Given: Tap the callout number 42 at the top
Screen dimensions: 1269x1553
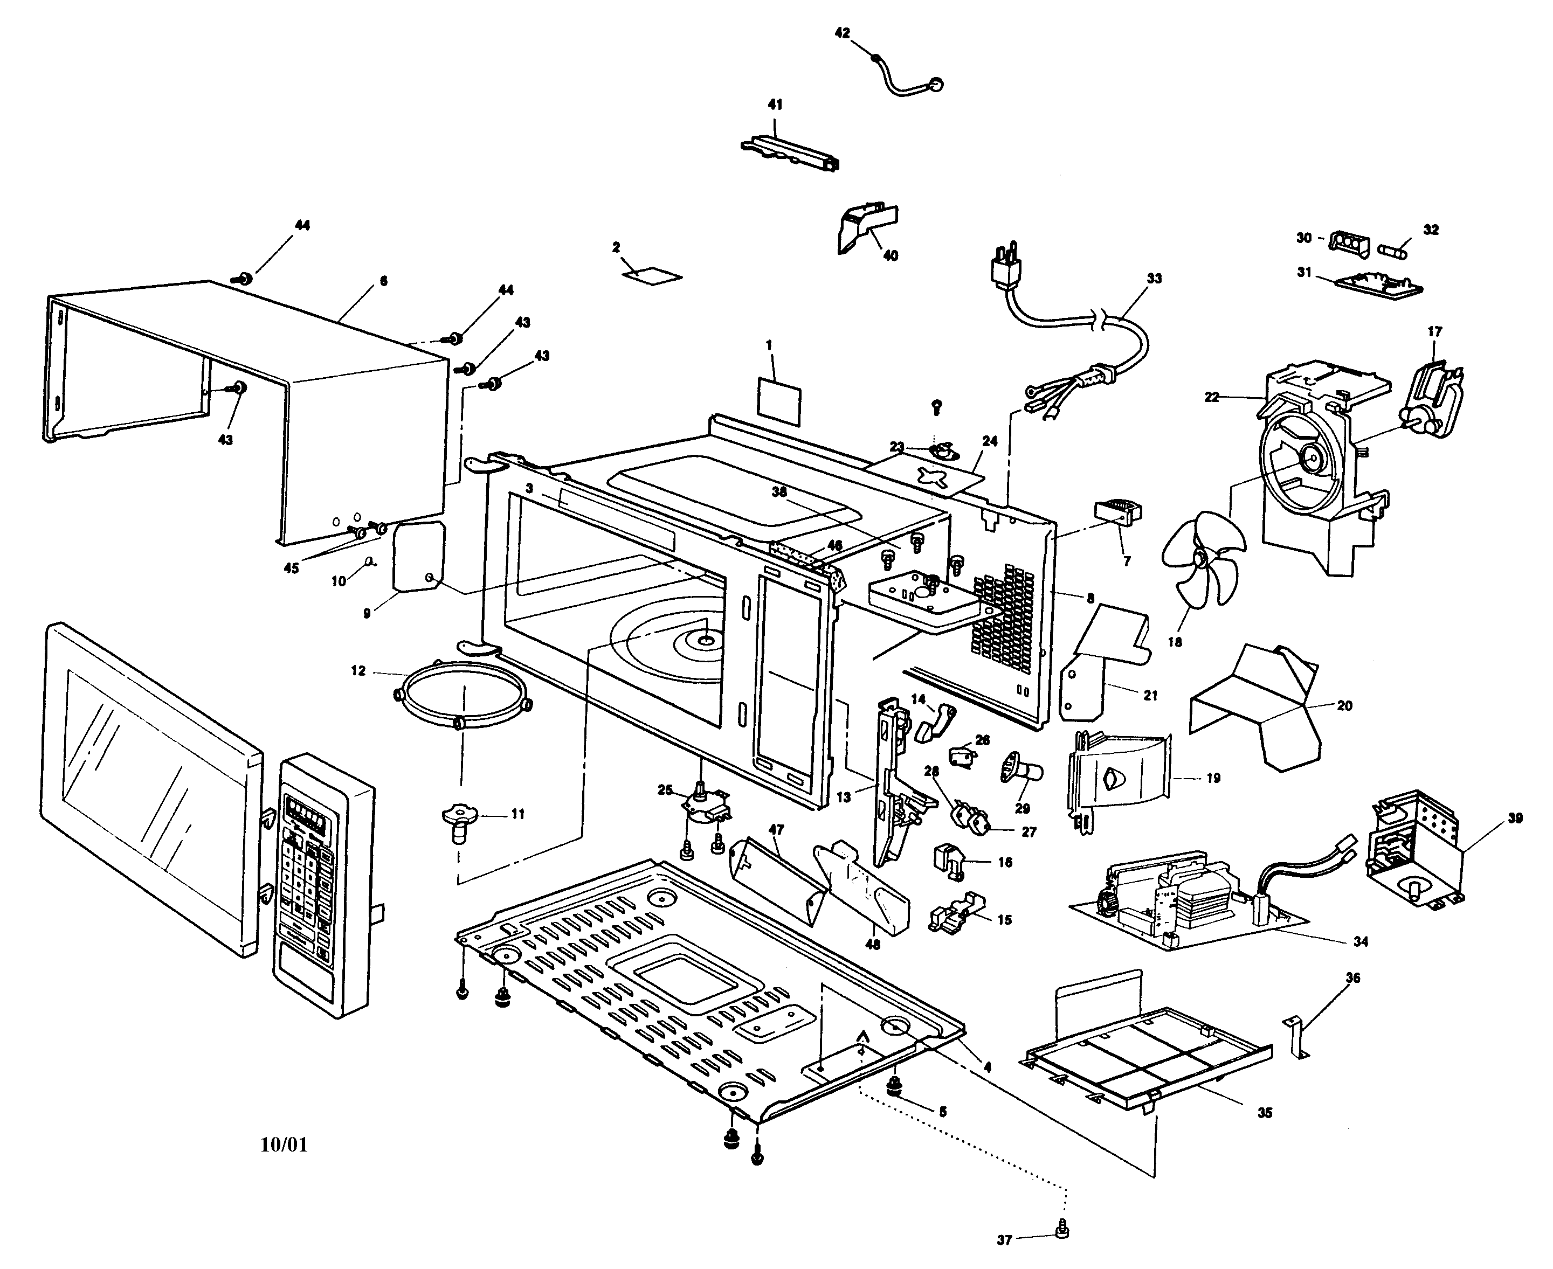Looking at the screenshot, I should coord(843,33).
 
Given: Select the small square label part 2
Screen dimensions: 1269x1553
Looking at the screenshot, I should coord(652,275).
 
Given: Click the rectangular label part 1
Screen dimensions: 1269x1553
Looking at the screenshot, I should coord(779,400).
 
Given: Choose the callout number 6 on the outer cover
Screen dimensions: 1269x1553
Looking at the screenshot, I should coord(384,281).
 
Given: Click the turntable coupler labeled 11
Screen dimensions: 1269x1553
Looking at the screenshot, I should coord(459,822).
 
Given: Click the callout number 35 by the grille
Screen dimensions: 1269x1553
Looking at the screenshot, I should coord(1264,1113).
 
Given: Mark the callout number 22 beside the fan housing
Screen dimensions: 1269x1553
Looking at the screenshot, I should coord(1212,397).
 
